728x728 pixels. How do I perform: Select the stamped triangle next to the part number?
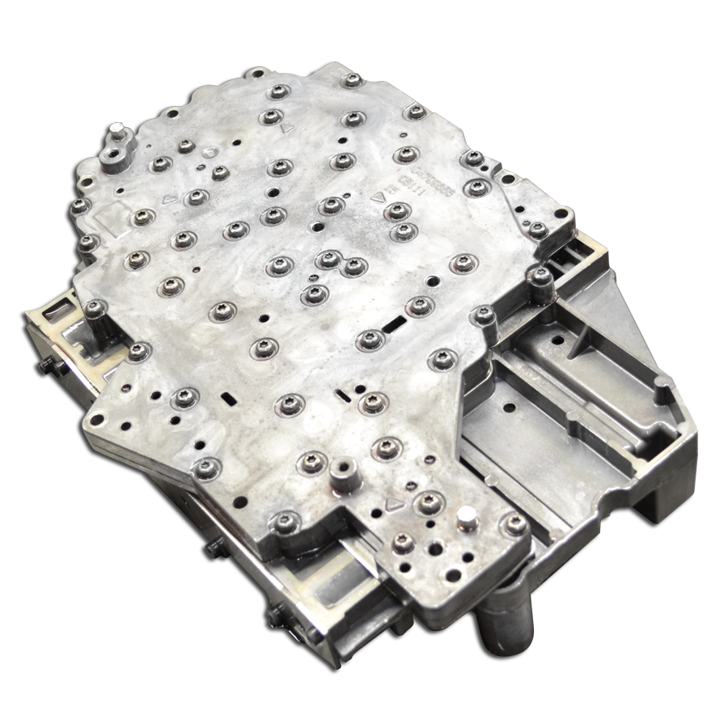pos(377,197)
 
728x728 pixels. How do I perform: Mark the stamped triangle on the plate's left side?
pos(167,197)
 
